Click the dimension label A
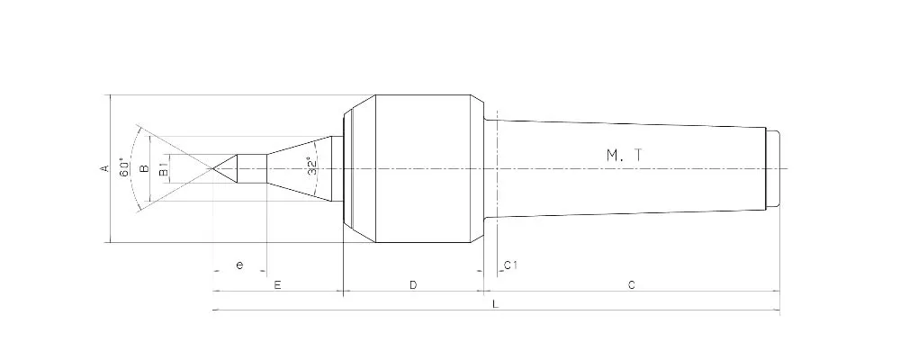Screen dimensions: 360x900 104,168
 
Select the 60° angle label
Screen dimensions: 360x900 124,168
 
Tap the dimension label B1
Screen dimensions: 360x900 163,168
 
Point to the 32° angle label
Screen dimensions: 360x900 311,167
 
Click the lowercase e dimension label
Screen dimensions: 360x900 238,265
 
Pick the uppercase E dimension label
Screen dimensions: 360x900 278,285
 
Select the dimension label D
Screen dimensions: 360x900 413,285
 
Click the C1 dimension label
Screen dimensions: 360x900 509,265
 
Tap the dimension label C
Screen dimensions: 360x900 632,285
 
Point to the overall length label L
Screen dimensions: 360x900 496,304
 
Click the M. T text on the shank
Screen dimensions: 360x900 624,155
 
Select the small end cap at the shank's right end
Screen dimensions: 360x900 772,168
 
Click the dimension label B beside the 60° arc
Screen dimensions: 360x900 144,168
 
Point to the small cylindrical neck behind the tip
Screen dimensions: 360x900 252,168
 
